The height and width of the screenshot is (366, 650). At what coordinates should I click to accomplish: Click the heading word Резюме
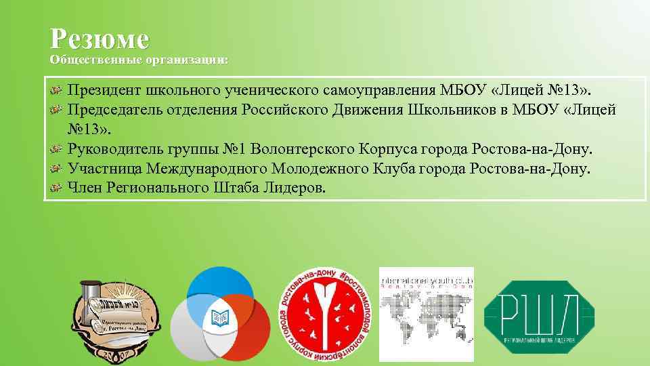pos(99,39)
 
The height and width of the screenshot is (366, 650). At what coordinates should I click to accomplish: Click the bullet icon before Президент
pos(57,91)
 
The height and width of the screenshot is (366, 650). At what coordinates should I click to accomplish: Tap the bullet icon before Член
pos(57,188)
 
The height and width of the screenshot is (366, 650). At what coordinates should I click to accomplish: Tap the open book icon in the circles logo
pos(219,316)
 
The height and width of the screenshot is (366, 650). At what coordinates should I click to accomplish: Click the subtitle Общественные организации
pos(139,60)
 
